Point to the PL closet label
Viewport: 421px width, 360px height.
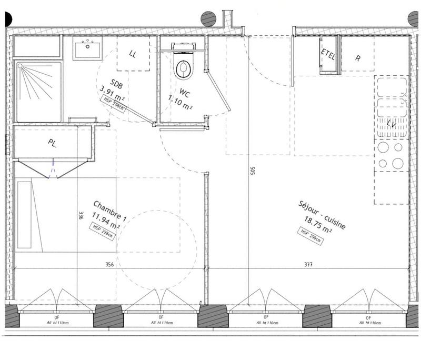[x=53, y=143]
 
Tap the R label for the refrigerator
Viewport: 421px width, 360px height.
[x=358, y=58]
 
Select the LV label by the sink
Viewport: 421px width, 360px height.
[x=391, y=124]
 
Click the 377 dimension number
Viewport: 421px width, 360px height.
[x=308, y=265]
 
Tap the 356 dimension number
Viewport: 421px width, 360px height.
[x=109, y=265]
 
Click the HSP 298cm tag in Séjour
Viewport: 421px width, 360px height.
[x=311, y=235]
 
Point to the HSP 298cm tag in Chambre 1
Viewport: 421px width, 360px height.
[x=103, y=232]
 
